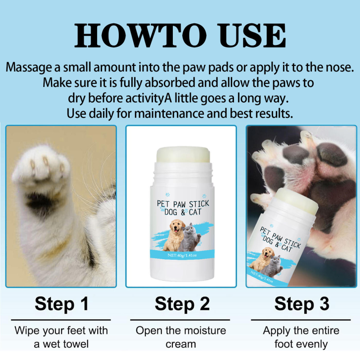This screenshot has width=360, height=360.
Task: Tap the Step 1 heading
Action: [x=61, y=304]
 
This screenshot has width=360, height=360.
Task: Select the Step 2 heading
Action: [x=182, y=304]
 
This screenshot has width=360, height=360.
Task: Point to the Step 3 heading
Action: [x=301, y=304]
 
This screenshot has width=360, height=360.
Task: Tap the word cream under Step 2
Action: [x=181, y=344]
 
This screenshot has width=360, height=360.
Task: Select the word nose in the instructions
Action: [x=338, y=69]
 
